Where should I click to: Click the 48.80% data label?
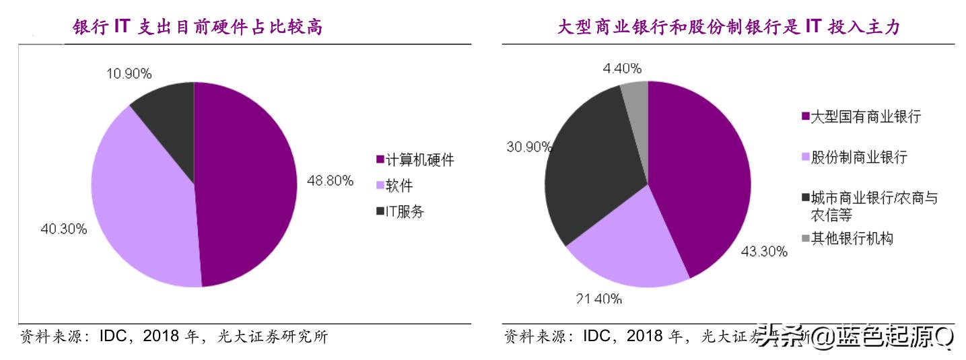pyautogui.click(x=330, y=180)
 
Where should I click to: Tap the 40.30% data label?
pyautogui.click(x=64, y=229)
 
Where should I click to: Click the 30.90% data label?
pyautogui.click(x=529, y=147)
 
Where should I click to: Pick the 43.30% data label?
pyautogui.click(x=764, y=252)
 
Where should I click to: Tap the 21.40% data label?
pyautogui.click(x=598, y=299)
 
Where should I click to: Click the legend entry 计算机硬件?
pyautogui.click(x=415, y=159)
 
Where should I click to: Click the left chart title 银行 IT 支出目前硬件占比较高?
pyautogui.click(x=197, y=28)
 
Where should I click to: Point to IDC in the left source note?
pyautogui.click(x=118, y=336)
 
